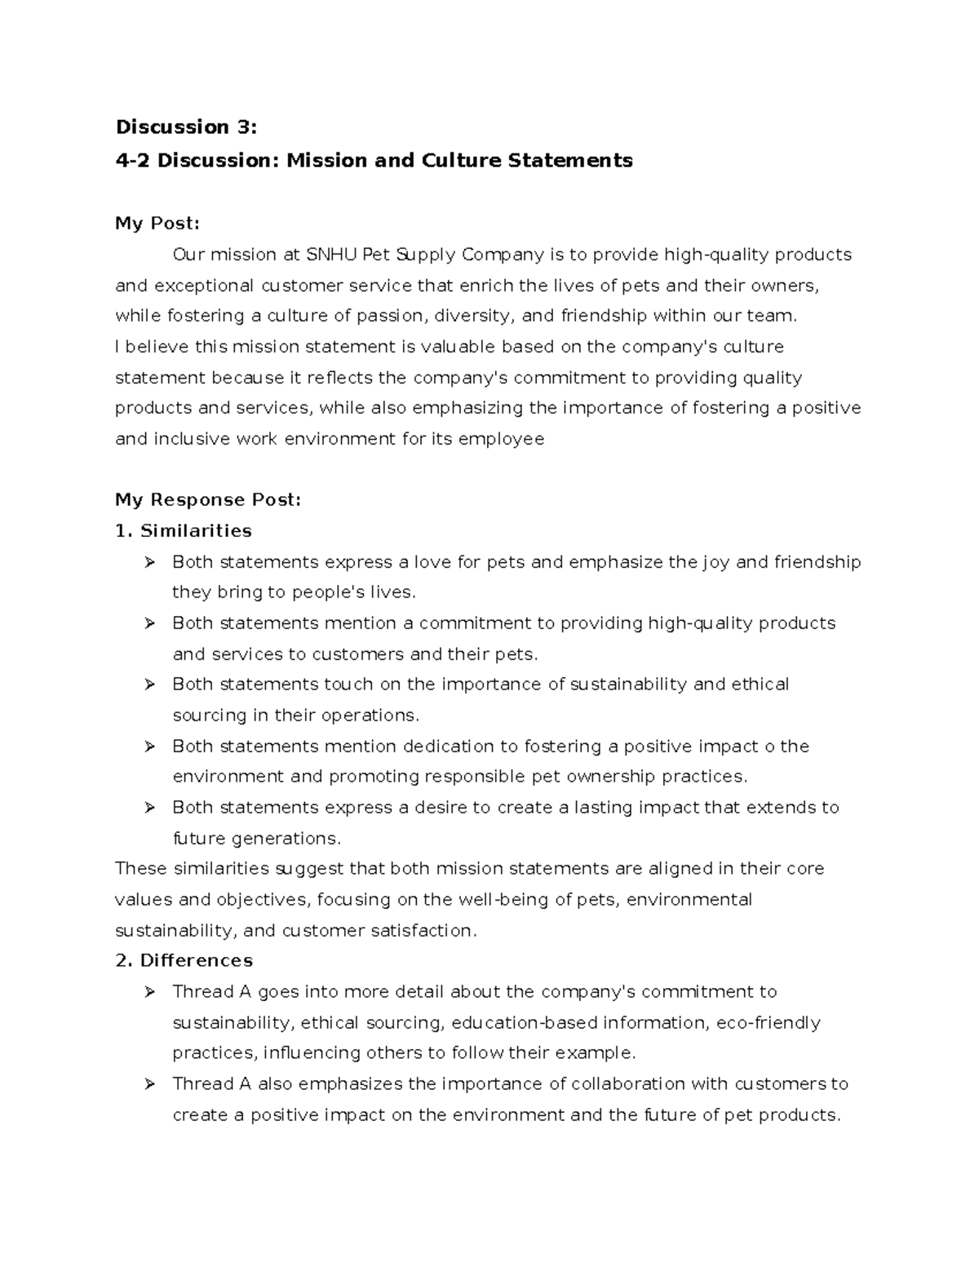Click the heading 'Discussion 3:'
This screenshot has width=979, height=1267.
pyautogui.click(x=186, y=127)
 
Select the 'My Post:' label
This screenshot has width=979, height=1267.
pyautogui.click(x=157, y=224)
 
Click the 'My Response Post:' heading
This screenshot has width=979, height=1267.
pyautogui.click(x=208, y=500)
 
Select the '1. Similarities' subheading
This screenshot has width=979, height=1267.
pyautogui.click(x=184, y=531)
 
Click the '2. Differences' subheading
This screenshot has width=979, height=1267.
pyautogui.click(x=184, y=960)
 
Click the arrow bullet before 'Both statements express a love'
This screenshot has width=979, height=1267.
pyautogui.click(x=149, y=562)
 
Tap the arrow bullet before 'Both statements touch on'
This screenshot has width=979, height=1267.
pyautogui.click(x=149, y=684)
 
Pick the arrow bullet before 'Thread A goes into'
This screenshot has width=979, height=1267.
pyautogui.click(x=149, y=992)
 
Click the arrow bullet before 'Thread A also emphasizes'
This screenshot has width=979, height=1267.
pyautogui.click(x=149, y=1084)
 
